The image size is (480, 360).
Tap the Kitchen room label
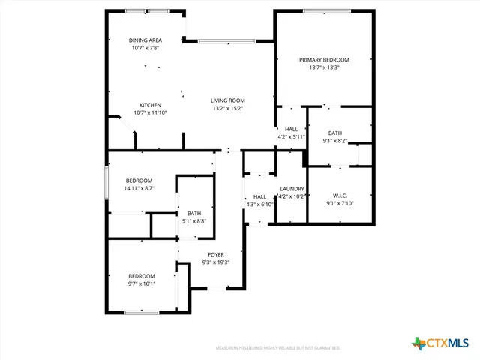pyautogui.click(x=150, y=105)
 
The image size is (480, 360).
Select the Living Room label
pyautogui.click(x=228, y=100)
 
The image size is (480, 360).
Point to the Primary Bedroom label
pyautogui.click(x=324, y=60)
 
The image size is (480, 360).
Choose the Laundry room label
pyautogui.click(x=292, y=189)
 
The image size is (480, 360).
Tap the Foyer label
pyautogui.click(x=216, y=255)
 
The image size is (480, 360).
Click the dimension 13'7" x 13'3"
pyautogui.click(x=324, y=67)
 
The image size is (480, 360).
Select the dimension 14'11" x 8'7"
pyautogui.click(x=139, y=188)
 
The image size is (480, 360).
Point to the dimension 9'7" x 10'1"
pyautogui.click(x=141, y=283)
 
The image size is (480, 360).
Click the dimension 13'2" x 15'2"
pyautogui.click(x=228, y=108)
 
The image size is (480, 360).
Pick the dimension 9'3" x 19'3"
pyautogui.click(x=216, y=262)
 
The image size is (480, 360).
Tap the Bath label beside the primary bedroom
pyautogui.click(x=334, y=133)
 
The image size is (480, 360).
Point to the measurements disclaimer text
pyautogui.click(x=277, y=348)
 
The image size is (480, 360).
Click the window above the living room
pyautogui.click(x=220, y=40)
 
